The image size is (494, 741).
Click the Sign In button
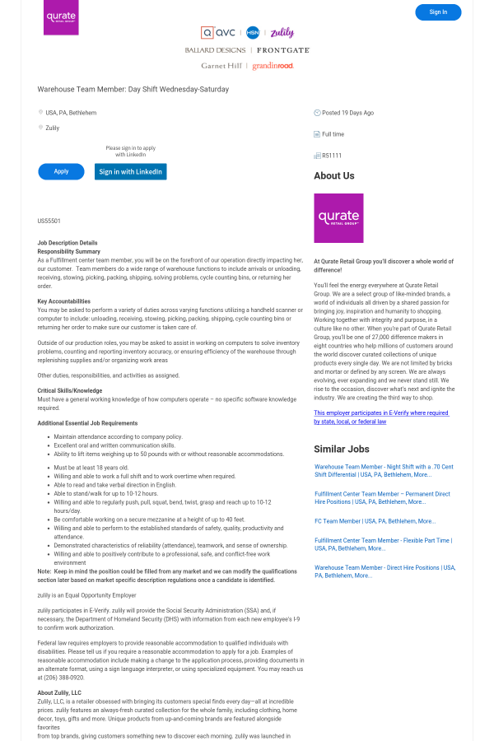(438, 12)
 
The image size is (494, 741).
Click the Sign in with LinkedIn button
(130, 171)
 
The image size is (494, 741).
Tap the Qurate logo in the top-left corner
(61, 17)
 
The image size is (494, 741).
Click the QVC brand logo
(219, 33)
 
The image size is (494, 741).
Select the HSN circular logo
(253, 33)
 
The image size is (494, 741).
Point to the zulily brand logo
(282, 33)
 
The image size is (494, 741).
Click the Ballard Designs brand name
(215, 50)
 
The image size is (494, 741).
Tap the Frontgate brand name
(282, 50)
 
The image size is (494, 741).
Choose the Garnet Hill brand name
(221, 66)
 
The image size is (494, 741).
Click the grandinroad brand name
(273, 66)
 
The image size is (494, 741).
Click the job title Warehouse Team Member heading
(133, 89)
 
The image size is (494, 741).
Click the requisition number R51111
(332, 156)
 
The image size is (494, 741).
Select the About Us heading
(334, 176)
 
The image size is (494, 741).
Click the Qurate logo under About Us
(338, 218)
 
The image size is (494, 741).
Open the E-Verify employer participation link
(381, 417)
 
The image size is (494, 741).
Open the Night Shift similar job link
(384, 470)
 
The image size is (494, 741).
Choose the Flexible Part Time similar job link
(382, 543)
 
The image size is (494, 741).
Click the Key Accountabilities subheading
(63, 301)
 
